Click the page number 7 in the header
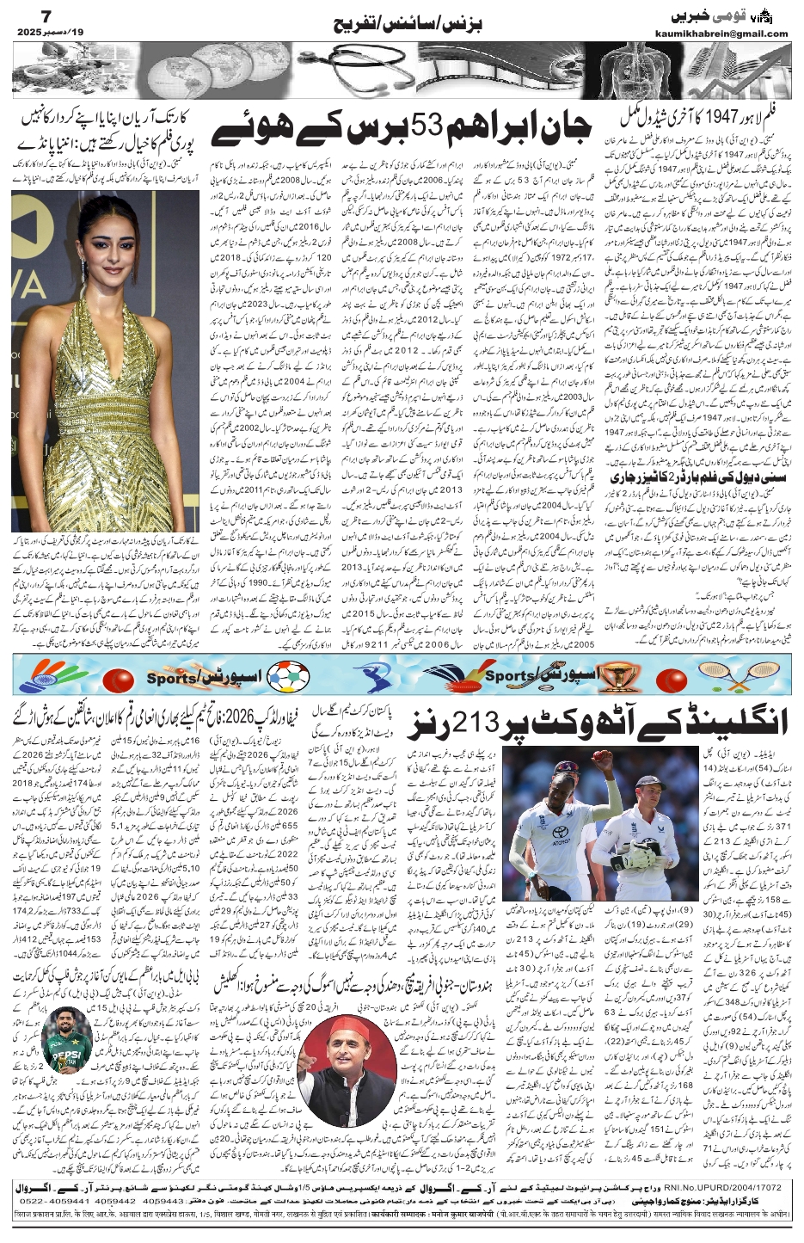22,18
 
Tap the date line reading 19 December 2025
44,34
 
